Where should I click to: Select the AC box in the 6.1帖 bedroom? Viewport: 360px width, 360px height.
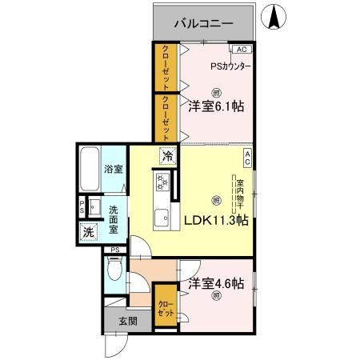(242, 49)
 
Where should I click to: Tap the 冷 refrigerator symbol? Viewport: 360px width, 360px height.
(166, 156)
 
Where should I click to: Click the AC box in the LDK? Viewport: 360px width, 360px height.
(248, 158)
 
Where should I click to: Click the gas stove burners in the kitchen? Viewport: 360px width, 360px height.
(162, 183)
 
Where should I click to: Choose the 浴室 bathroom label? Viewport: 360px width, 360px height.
(114, 169)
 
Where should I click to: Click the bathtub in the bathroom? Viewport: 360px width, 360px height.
(90, 169)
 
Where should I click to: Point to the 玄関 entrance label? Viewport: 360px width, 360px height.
(128, 321)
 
